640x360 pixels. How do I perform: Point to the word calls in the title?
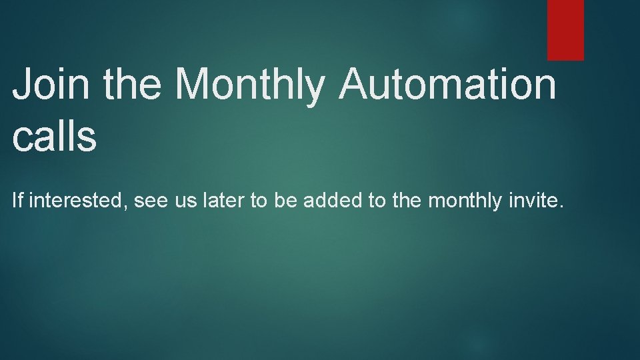click(55, 136)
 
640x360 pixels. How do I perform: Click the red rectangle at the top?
click(565, 30)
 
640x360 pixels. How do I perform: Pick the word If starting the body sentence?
click(18, 201)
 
